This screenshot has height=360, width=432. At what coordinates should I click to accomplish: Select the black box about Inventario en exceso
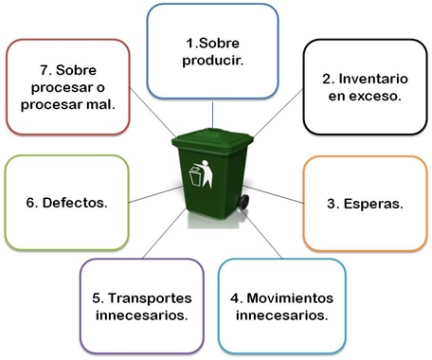[x=365, y=86]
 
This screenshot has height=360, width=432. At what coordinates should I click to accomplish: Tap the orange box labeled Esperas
[x=366, y=203]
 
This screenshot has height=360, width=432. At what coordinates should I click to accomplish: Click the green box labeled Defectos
[x=66, y=203]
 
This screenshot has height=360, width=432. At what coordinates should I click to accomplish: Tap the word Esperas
[x=376, y=203]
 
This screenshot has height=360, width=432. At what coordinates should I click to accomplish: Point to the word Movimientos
[x=287, y=297]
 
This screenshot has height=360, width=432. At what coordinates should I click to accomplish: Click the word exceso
[x=376, y=96]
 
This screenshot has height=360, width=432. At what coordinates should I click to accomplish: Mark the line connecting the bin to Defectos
[x=152, y=193]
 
